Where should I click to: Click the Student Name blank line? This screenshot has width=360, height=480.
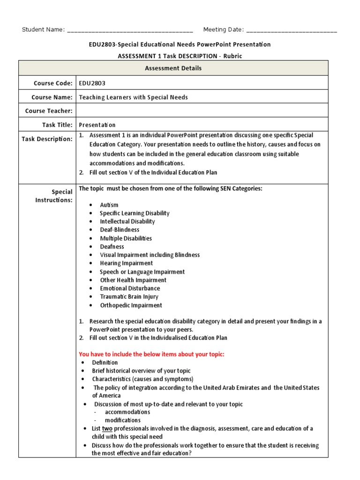pos(130,30)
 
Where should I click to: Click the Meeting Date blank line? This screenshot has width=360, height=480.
pos(291,30)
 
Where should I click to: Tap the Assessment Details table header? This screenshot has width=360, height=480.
pos(173,68)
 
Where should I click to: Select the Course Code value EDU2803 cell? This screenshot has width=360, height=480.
pos(92,83)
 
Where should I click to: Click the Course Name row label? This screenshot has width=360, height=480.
pos(52,97)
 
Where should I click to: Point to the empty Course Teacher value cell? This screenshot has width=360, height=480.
pos(202,111)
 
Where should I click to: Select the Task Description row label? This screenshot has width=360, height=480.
pos(47,139)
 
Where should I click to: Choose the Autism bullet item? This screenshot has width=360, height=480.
pos(109,205)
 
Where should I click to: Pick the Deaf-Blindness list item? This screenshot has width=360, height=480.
pos(120,230)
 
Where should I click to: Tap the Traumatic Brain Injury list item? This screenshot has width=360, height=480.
pos(129,297)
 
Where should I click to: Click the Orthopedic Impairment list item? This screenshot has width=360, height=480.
pos(131,305)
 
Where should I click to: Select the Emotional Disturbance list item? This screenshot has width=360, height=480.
pos(130,288)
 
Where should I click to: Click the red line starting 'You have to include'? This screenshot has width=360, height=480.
pos(151,354)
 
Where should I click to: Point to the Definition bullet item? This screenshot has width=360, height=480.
pos(105,362)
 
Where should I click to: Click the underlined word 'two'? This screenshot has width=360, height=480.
pos(107,428)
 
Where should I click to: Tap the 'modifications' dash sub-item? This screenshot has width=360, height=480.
pos(122,420)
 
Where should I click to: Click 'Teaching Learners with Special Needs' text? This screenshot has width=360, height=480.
pos(133,97)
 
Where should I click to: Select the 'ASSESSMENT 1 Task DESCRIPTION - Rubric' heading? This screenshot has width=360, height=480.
pos(180,56)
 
